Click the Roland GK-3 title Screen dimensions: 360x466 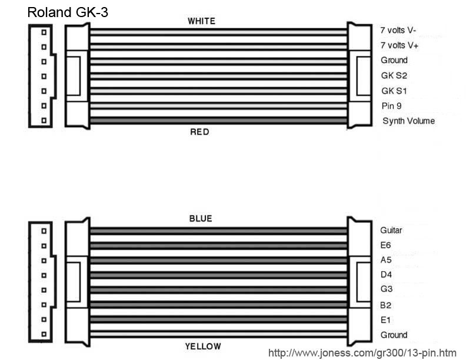68,12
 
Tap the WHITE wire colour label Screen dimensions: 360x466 201,21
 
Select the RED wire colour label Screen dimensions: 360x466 199,132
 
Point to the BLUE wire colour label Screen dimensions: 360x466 200,219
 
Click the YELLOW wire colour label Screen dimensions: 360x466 203,346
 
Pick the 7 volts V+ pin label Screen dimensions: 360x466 402,45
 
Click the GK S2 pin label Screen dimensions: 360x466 394,76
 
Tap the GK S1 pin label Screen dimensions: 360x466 394,91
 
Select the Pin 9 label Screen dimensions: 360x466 392,106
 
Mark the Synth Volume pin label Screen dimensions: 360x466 408,121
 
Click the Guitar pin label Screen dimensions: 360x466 391,230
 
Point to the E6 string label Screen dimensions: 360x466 386,245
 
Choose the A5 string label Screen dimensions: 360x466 386,259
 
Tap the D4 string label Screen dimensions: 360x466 386,275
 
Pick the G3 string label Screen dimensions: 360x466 387,290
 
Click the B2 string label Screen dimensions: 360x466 386,305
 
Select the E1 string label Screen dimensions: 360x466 386,320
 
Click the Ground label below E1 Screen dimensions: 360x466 394,335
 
